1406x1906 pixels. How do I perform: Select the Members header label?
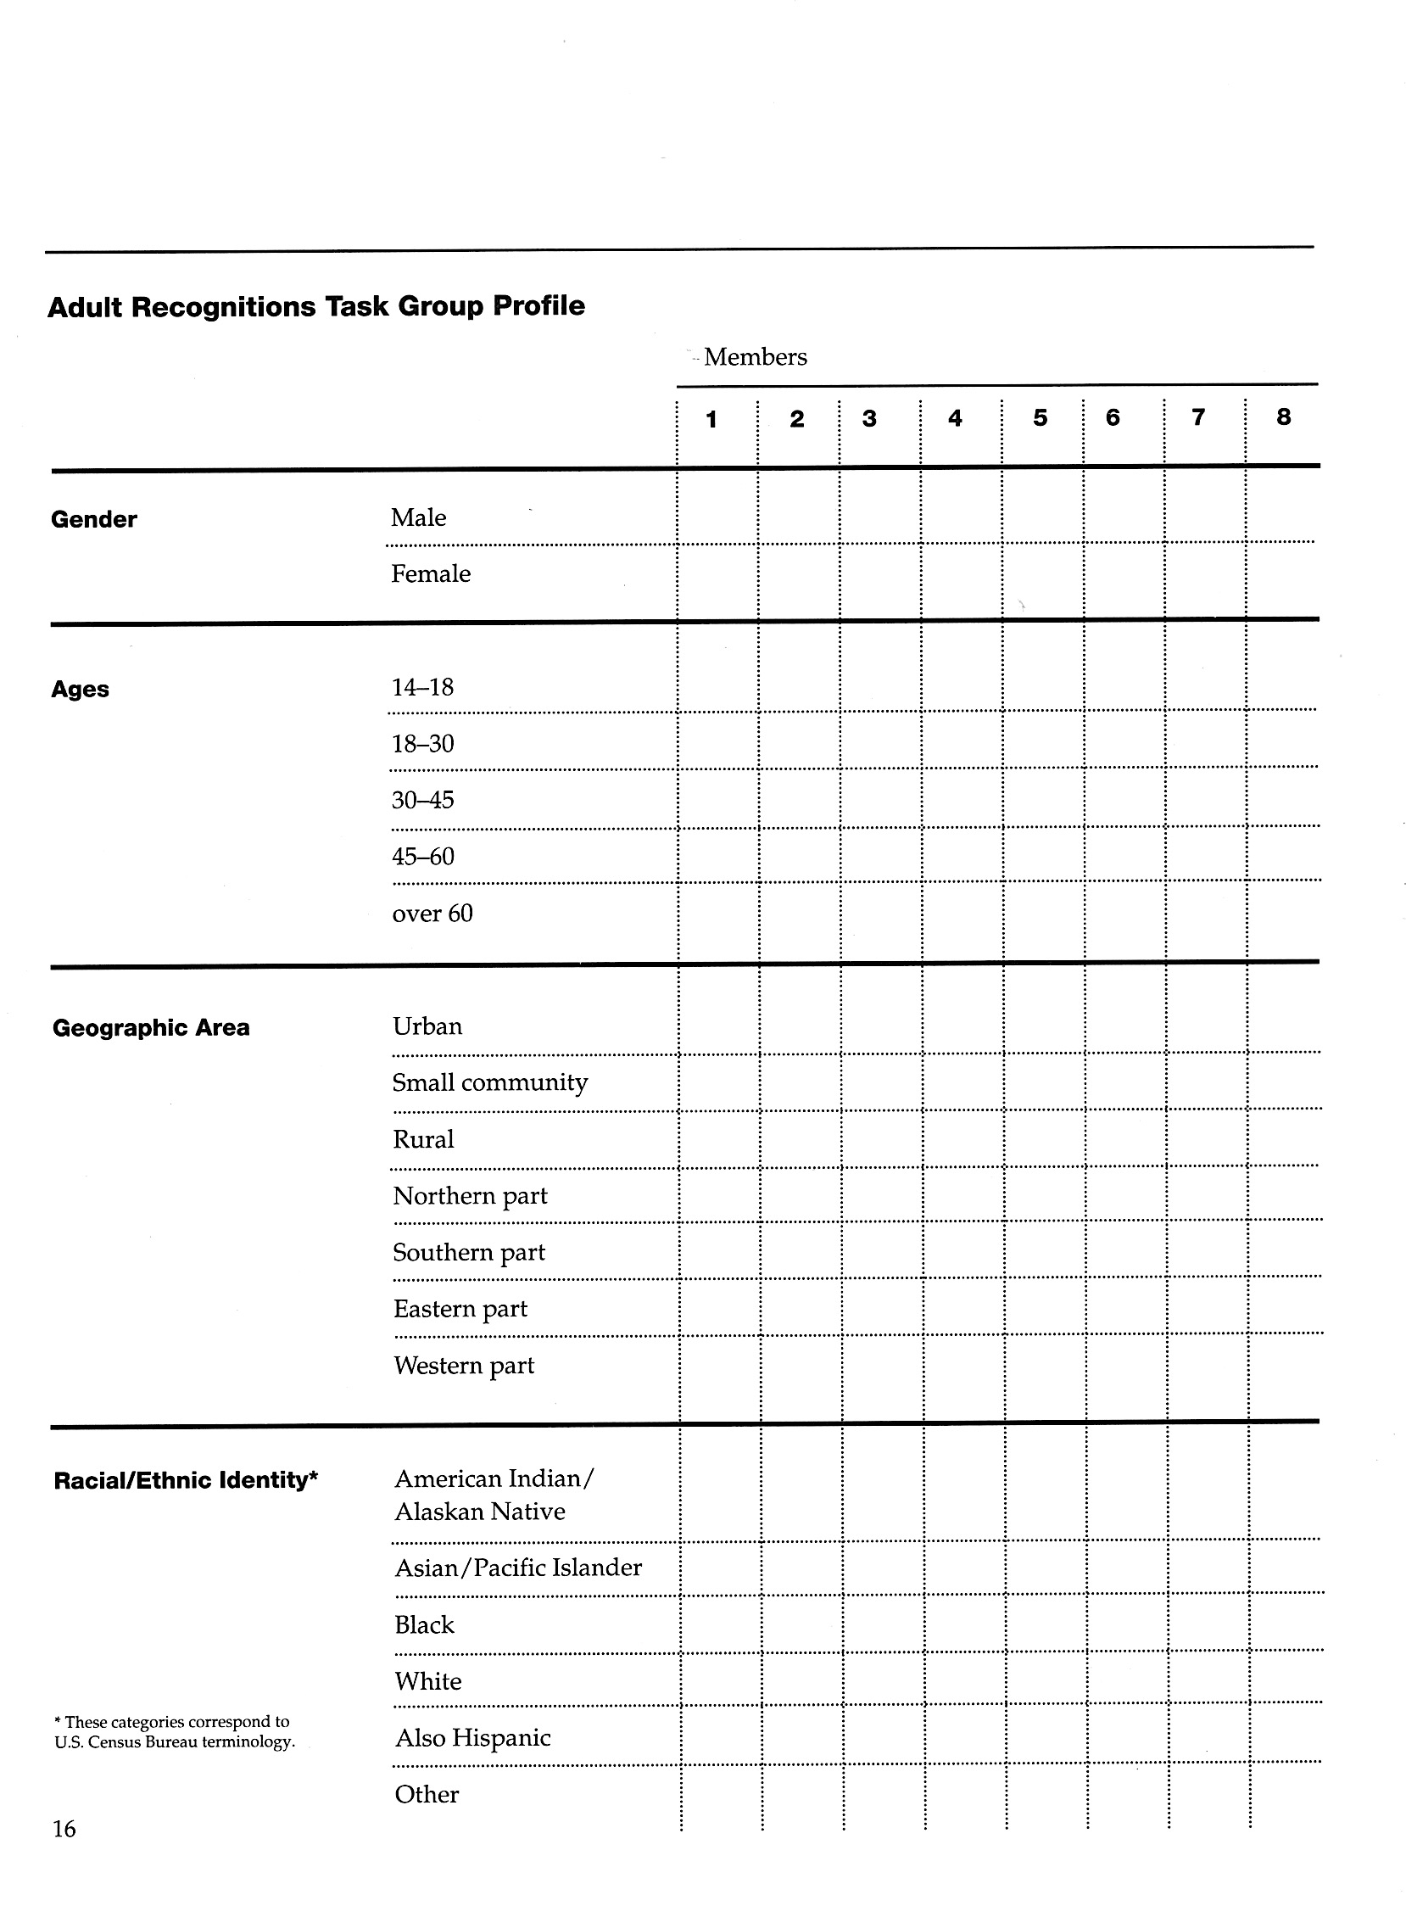[x=755, y=356]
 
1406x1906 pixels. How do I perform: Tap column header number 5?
[x=1040, y=417]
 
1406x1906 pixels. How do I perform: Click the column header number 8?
[x=1283, y=416]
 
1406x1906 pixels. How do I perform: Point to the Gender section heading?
[x=93, y=519]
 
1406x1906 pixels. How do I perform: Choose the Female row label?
[x=431, y=573]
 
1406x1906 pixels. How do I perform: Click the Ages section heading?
[x=80, y=689]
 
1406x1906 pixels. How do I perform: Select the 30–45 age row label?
[x=423, y=800]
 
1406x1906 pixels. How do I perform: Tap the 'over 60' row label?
[x=432, y=914]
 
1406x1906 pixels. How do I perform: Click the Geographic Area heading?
[x=152, y=1027]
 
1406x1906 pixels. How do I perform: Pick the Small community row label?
[x=490, y=1082]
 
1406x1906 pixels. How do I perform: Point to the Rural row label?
[x=424, y=1139]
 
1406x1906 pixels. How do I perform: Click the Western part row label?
[x=464, y=1366]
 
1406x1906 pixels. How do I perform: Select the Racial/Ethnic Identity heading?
[x=186, y=1480]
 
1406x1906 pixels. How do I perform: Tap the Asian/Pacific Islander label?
[x=518, y=1568]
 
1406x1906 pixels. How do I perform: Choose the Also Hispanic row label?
[x=473, y=1737]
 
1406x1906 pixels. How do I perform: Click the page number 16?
[x=64, y=1829]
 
